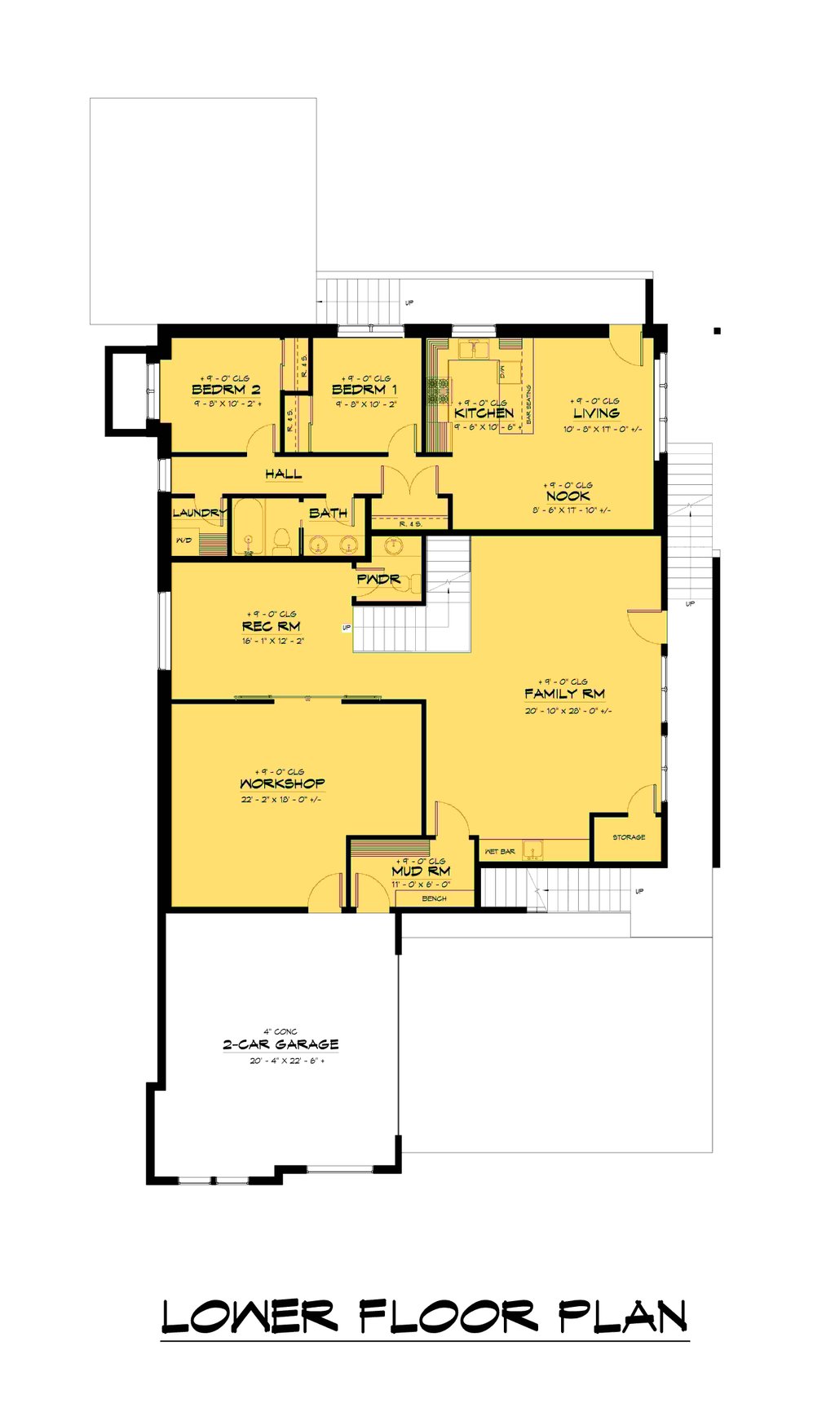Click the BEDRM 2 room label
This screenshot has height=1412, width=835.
[x=226, y=390]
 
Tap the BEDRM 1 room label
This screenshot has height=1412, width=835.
[x=364, y=390]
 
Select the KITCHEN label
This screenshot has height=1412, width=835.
[x=484, y=413]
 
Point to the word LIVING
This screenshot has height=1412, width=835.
[x=596, y=413]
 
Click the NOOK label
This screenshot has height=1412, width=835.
[x=568, y=496]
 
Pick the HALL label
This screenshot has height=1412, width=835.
[x=283, y=474]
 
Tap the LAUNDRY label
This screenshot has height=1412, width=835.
[x=198, y=513]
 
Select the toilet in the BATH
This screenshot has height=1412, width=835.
[x=282, y=541]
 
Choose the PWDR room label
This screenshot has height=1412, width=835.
[x=378, y=580]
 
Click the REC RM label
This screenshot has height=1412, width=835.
[x=272, y=627]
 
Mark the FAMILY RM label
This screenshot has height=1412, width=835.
[x=564, y=695]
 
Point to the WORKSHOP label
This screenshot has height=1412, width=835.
[x=282, y=784]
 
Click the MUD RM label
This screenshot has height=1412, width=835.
[x=420, y=871]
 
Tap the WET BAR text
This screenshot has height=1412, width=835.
[x=500, y=852]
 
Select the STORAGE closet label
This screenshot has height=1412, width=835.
[x=629, y=837]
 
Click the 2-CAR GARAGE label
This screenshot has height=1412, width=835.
[x=281, y=1044]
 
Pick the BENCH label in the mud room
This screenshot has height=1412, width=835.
[x=434, y=898]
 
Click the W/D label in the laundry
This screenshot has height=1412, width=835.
[x=183, y=541]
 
